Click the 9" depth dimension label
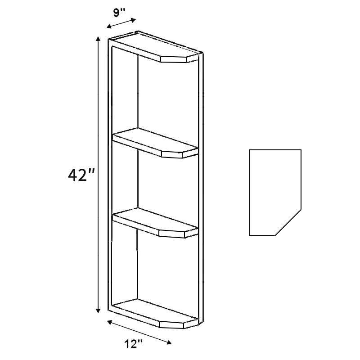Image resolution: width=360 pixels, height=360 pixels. tap(118, 13)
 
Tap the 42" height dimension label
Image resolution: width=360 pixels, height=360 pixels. tap(81, 175)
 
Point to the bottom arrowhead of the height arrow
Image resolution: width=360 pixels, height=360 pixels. tap(98, 310)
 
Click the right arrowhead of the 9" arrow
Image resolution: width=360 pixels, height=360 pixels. tap(133, 20)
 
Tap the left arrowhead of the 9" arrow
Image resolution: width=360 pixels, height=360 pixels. tap(109, 27)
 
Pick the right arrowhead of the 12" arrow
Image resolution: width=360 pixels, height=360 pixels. tap(169, 342)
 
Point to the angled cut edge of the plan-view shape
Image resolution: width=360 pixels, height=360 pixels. tap(288, 223)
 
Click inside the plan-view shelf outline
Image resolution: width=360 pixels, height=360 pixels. tap(273, 190)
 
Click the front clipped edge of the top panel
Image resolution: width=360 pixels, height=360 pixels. tap(174, 59)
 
